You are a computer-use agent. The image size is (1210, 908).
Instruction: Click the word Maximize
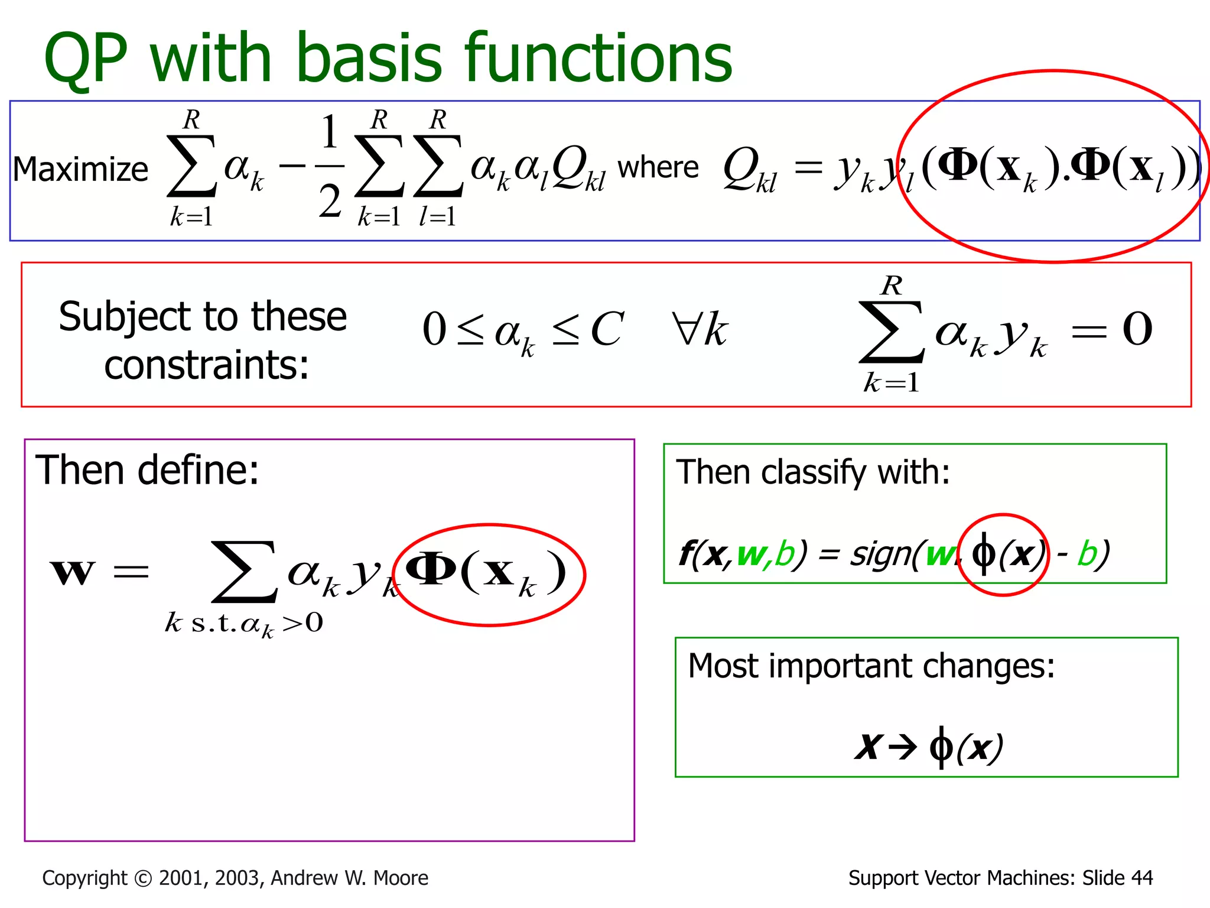[x=80, y=170]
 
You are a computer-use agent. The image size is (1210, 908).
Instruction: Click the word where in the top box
[x=658, y=168]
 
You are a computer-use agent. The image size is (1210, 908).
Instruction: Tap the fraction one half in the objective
[x=330, y=167]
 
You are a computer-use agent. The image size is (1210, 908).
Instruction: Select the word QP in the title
[x=86, y=59]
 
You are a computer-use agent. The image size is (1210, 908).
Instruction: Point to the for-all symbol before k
[x=686, y=328]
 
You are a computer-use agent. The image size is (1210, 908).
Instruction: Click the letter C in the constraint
[x=606, y=329]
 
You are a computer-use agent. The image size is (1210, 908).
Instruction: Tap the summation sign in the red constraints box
[x=891, y=332]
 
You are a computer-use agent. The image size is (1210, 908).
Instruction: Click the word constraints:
[x=206, y=365]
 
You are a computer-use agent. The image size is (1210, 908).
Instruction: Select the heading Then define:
[x=147, y=471]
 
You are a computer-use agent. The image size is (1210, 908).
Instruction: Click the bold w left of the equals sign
[x=72, y=572]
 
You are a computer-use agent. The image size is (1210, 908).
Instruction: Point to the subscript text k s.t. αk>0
[x=243, y=624]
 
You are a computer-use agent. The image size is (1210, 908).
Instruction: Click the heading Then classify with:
[x=812, y=472]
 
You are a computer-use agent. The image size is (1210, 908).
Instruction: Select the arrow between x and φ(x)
[x=902, y=748]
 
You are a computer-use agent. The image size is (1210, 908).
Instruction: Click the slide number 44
[x=1141, y=878]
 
